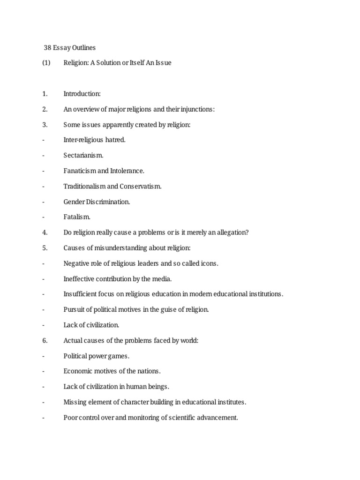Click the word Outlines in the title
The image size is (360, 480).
pos(83,47)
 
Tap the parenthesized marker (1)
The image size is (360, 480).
pos(45,62)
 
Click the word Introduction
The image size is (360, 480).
pos(82,93)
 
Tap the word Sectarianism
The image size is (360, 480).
pos(83,155)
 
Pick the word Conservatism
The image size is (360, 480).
pos(140,186)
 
